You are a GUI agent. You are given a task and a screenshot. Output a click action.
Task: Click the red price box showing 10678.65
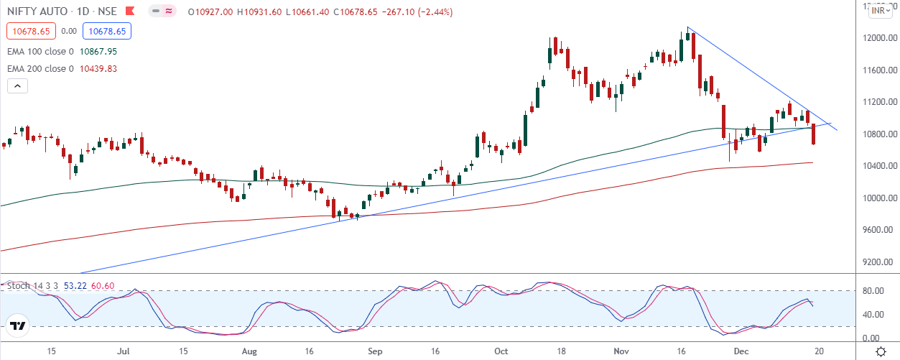click(29, 32)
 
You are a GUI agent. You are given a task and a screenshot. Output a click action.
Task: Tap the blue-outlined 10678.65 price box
click(106, 32)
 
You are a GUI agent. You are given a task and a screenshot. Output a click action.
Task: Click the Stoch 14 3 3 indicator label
click(29, 286)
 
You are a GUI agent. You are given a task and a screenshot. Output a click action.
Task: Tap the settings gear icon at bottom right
click(881, 352)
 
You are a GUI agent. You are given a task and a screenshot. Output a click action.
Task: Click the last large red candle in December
click(814, 134)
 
